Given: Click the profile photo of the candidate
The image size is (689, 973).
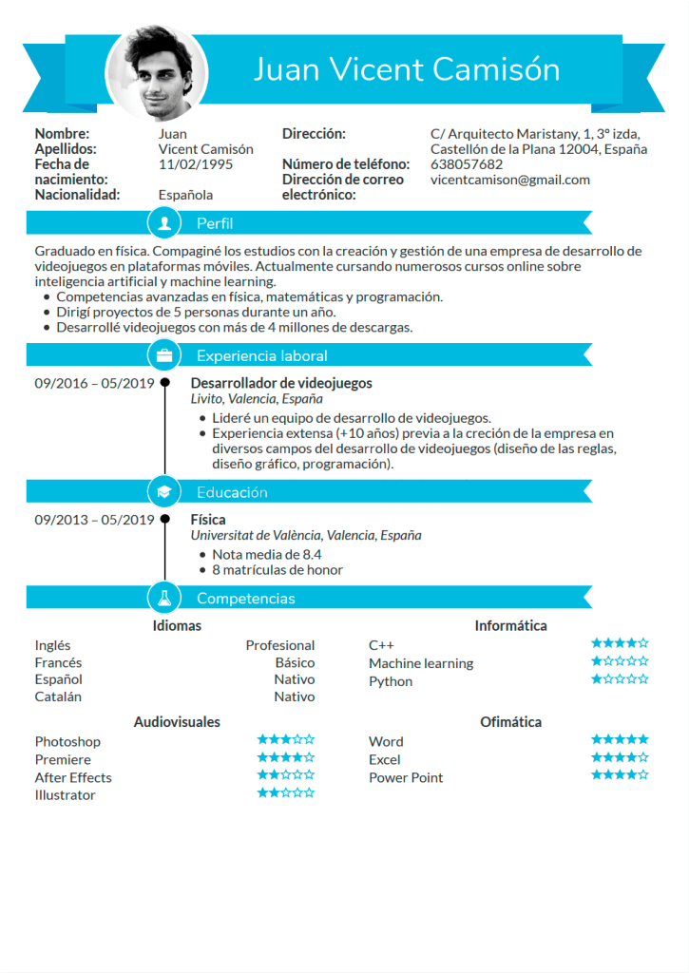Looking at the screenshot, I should click(156, 72).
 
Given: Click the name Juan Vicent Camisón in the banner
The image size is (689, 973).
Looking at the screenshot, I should click(407, 69).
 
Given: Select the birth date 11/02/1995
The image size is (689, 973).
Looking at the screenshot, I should click(196, 164).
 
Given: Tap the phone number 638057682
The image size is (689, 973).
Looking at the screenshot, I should click(467, 164).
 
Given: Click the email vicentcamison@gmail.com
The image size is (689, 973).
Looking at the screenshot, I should click(509, 180).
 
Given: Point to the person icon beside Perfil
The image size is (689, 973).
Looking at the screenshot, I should click(165, 223).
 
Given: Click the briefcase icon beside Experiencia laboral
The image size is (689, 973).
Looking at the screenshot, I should click(165, 355).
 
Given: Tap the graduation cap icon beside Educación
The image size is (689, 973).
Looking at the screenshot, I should click(165, 492).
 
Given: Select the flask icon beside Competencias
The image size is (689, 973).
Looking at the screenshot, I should click(165, 599).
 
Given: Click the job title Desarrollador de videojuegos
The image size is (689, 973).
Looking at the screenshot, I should click(281, 383).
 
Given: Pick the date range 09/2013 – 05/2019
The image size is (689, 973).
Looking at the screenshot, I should click(94, 520).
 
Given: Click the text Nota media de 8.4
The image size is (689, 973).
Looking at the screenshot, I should click(267, 554).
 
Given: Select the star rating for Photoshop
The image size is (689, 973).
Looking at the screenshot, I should click(285, 739).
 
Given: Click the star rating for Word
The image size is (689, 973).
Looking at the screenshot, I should click(620, 739).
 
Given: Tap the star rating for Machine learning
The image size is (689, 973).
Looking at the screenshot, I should click(620, 661).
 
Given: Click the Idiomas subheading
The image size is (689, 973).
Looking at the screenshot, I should click(177, 625).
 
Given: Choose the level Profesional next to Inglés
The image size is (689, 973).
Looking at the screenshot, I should click(280, 645).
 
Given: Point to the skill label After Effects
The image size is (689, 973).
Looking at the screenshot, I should click(73, 777).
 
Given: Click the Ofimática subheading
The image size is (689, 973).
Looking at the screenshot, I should click(510, 722).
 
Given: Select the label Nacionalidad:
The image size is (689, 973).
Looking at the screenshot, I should click(78, 195).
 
